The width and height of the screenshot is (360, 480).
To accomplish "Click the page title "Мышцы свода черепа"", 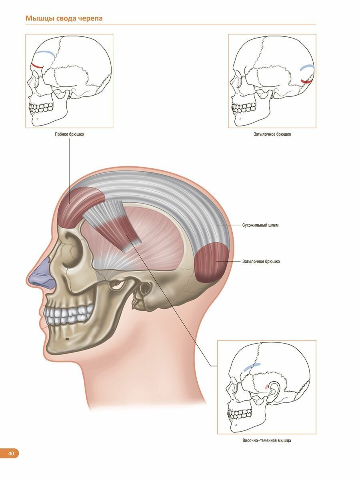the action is coord(64,18).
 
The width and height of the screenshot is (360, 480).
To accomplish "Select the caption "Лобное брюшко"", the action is coord(69,134).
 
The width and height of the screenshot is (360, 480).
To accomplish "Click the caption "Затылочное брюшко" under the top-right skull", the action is coord(272,134).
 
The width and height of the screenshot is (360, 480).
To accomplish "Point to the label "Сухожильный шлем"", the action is coord(260,225).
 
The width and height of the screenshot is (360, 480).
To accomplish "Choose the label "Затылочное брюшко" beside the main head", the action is coord(261,262).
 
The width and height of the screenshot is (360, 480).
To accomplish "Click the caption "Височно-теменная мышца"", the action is coord(266,440).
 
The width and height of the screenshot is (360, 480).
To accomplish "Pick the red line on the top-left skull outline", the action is coord(37,66).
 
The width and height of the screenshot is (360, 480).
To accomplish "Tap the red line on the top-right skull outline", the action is coord(307,81).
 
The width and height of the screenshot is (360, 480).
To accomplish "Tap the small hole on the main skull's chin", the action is coord(67,340).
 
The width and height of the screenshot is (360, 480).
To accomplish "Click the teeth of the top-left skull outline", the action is coord(42,107).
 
